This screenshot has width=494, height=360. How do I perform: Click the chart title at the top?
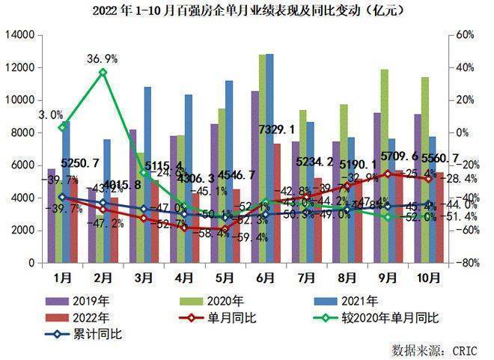point(246,10)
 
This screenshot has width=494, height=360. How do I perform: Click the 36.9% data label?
point(102,59)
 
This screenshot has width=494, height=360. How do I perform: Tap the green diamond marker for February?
point(103,73)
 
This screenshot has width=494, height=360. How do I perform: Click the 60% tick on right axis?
point(466,35)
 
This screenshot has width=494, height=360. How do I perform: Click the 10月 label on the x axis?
point(427,278)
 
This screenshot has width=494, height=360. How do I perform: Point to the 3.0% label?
point(50,115)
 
